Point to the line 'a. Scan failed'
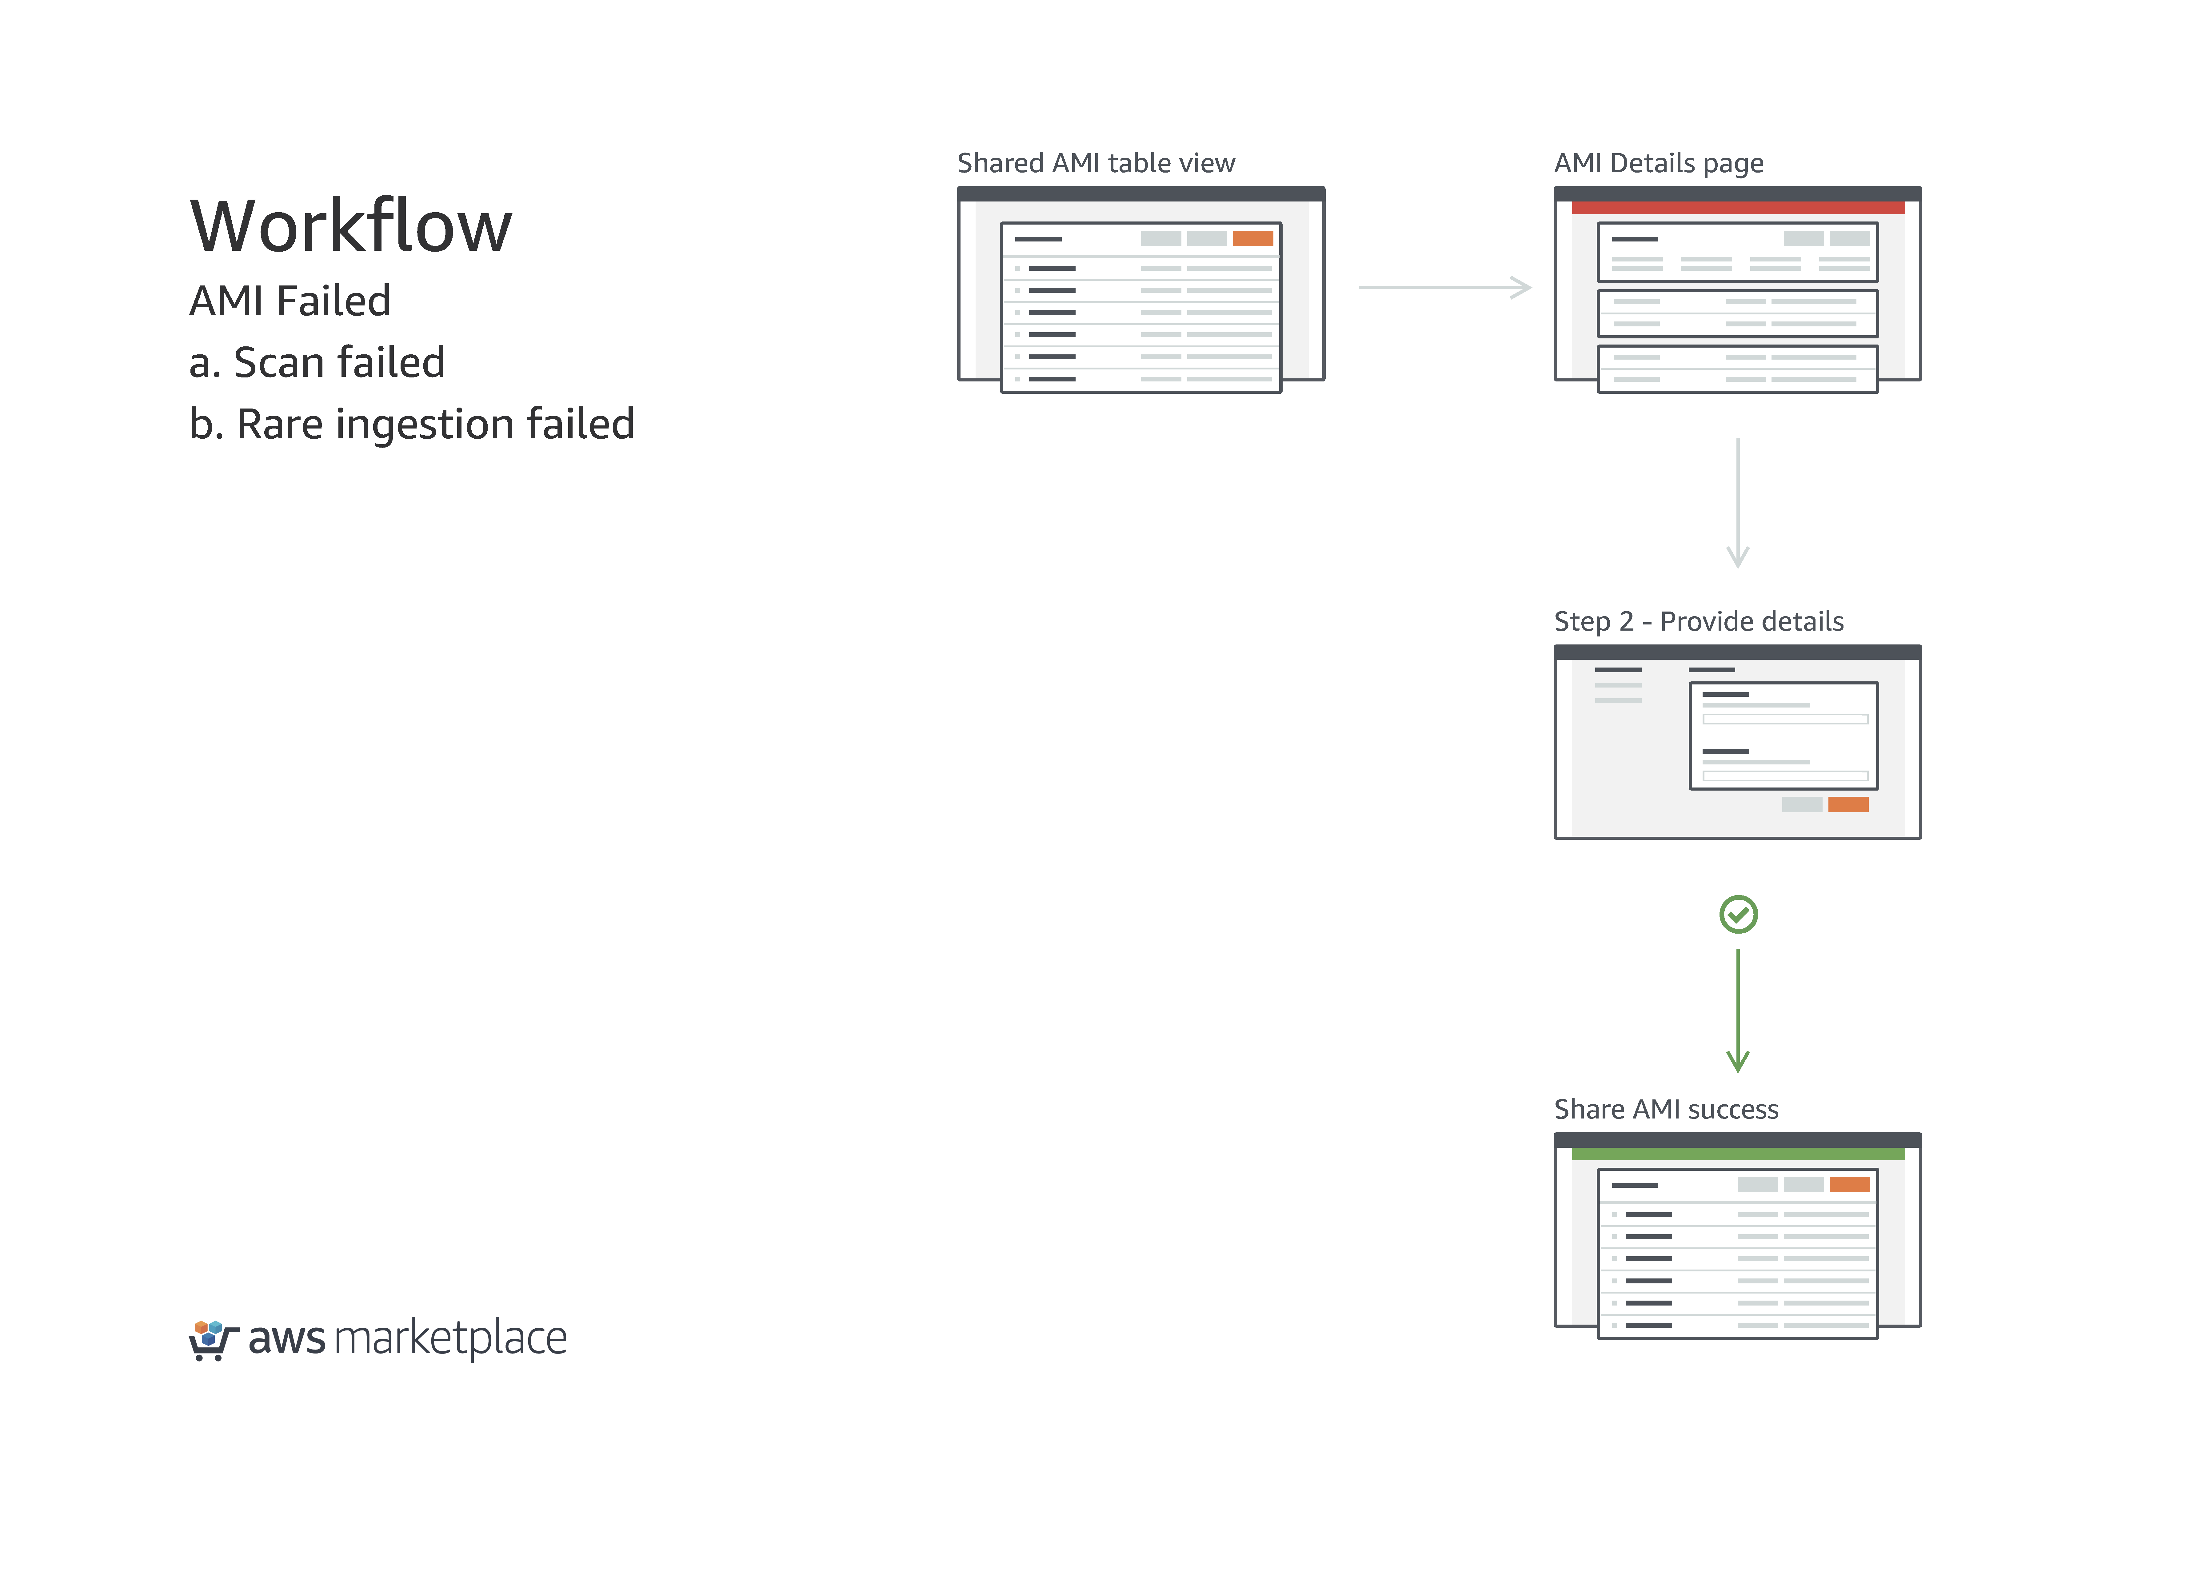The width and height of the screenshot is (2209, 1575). coord(317,363)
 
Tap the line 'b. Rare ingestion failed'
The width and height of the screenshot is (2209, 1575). coord(412,425)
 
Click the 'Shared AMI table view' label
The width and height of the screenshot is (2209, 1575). coord(1096,163)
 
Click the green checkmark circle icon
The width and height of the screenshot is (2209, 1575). coord(1739,915)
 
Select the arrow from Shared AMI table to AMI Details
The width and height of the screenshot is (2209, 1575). coord(1445,287)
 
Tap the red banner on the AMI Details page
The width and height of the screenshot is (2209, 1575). coord(1738,208)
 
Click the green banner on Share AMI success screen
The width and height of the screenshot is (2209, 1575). coord(1738,1154)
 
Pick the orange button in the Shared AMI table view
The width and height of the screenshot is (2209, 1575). coord(1253,239)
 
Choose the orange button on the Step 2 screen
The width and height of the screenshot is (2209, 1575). coord(1848,804)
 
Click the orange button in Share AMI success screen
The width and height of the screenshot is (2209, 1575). coord(1849,1184)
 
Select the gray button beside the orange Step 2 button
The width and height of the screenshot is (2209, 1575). coord(1802,804)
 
